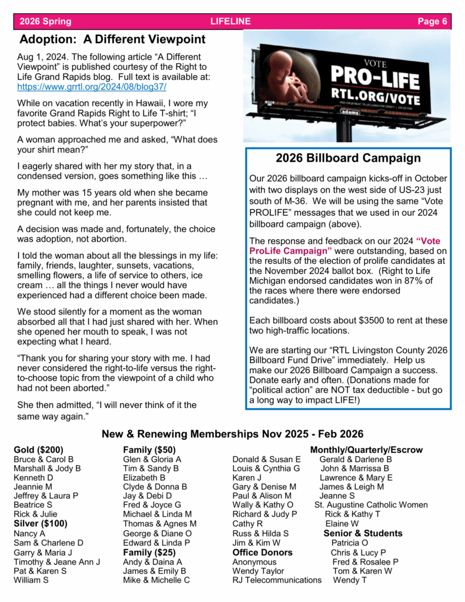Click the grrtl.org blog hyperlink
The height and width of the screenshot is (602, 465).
pyautogui.click(x=92, y=86)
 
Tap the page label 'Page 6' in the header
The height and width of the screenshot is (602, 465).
pyautogui.click(x=432, y=22)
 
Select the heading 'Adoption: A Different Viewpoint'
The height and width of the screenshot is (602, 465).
pyautogui.click(x=112, y=40)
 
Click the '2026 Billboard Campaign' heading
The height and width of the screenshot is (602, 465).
pyautogui.click(x=348, y=158)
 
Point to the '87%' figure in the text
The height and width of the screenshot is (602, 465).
pyautogui.click(x=408, y=281)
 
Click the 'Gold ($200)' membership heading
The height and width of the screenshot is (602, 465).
pyautogui.click(x=39, y=450)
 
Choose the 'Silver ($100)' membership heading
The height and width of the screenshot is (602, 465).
pyautogui.click(x=41, y=524)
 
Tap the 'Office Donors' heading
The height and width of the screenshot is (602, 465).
pyautogui.click(x=262, y=552)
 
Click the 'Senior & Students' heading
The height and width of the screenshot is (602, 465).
pyautogui.click(x=363, y=533)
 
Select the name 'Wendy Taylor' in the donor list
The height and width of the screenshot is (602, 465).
pyautogui.click(x=258, y=571)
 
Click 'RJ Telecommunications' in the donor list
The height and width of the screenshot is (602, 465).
pyautogui.click(x=277, y=580)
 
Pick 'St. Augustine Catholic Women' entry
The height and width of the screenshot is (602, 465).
pyautogui.click(x=371, y=505)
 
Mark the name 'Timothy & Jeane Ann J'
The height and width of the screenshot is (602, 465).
pyautogui.click(x=57, y=561)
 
